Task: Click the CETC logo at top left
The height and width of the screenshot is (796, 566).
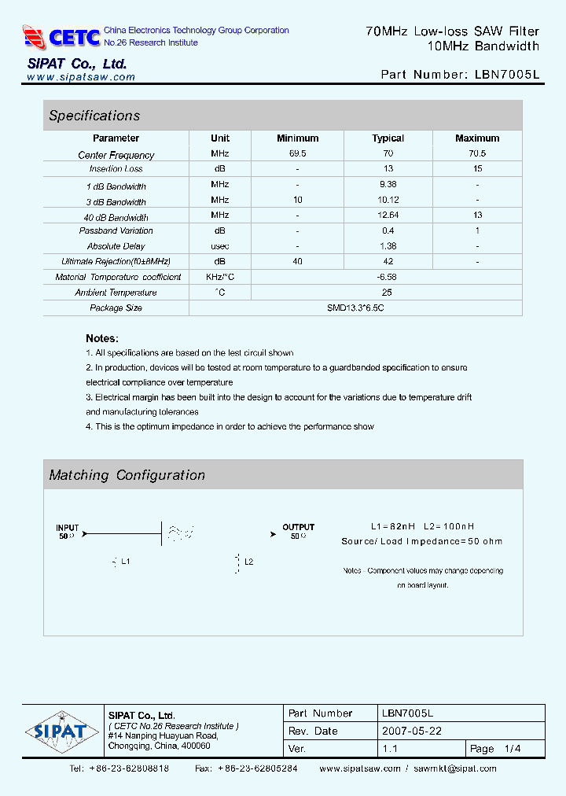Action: (x=62, y=36)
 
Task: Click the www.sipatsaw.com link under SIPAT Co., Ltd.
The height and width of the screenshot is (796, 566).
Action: (x=81, y=77)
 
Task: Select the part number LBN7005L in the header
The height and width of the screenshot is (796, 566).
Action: (x=507, y=75)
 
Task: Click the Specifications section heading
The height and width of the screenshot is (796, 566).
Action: (x=94, y=116)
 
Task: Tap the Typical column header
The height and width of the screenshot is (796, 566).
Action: (x=388, y=138)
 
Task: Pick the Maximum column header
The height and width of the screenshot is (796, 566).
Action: (x=477, y=138)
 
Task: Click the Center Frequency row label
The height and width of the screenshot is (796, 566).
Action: (x=116, y=155)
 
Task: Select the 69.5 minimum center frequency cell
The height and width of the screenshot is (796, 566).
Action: (x=298, y=153)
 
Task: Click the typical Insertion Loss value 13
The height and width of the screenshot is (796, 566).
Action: (x=388, y=169)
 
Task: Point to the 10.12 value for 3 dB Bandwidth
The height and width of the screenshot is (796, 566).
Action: (x=388, y=201)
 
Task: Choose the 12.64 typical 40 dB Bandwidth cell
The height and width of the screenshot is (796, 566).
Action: (x=388, y=216)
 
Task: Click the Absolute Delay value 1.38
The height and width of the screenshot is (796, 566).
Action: (x=388, y=246)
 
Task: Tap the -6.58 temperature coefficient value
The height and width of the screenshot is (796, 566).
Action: (x=388, y=277)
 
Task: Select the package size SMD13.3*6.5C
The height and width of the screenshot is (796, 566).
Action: (x=355, y=308)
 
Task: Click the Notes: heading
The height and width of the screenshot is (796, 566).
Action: (x=102, y=338)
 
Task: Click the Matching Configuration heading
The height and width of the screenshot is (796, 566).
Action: (x=127, y=475)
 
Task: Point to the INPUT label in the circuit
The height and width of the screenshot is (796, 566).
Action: (x=68, y=528)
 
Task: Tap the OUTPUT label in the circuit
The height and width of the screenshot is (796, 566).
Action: (x=298, y=527)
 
